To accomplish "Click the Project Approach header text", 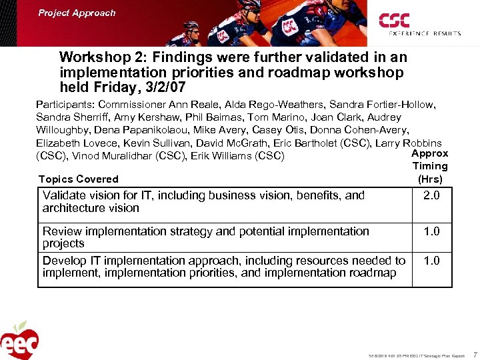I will (77, 13).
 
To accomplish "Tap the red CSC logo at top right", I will (395, 21).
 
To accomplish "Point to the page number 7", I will (474, 355).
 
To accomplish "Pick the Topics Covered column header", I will (78, 179).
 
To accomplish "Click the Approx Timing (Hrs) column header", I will (430, 166).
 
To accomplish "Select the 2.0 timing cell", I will (431, 195).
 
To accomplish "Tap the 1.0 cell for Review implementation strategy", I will (431, 231).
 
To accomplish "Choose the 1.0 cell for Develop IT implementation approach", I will (431, 261).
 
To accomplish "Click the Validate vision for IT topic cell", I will (203, 201).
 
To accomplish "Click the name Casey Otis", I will (285, 130).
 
